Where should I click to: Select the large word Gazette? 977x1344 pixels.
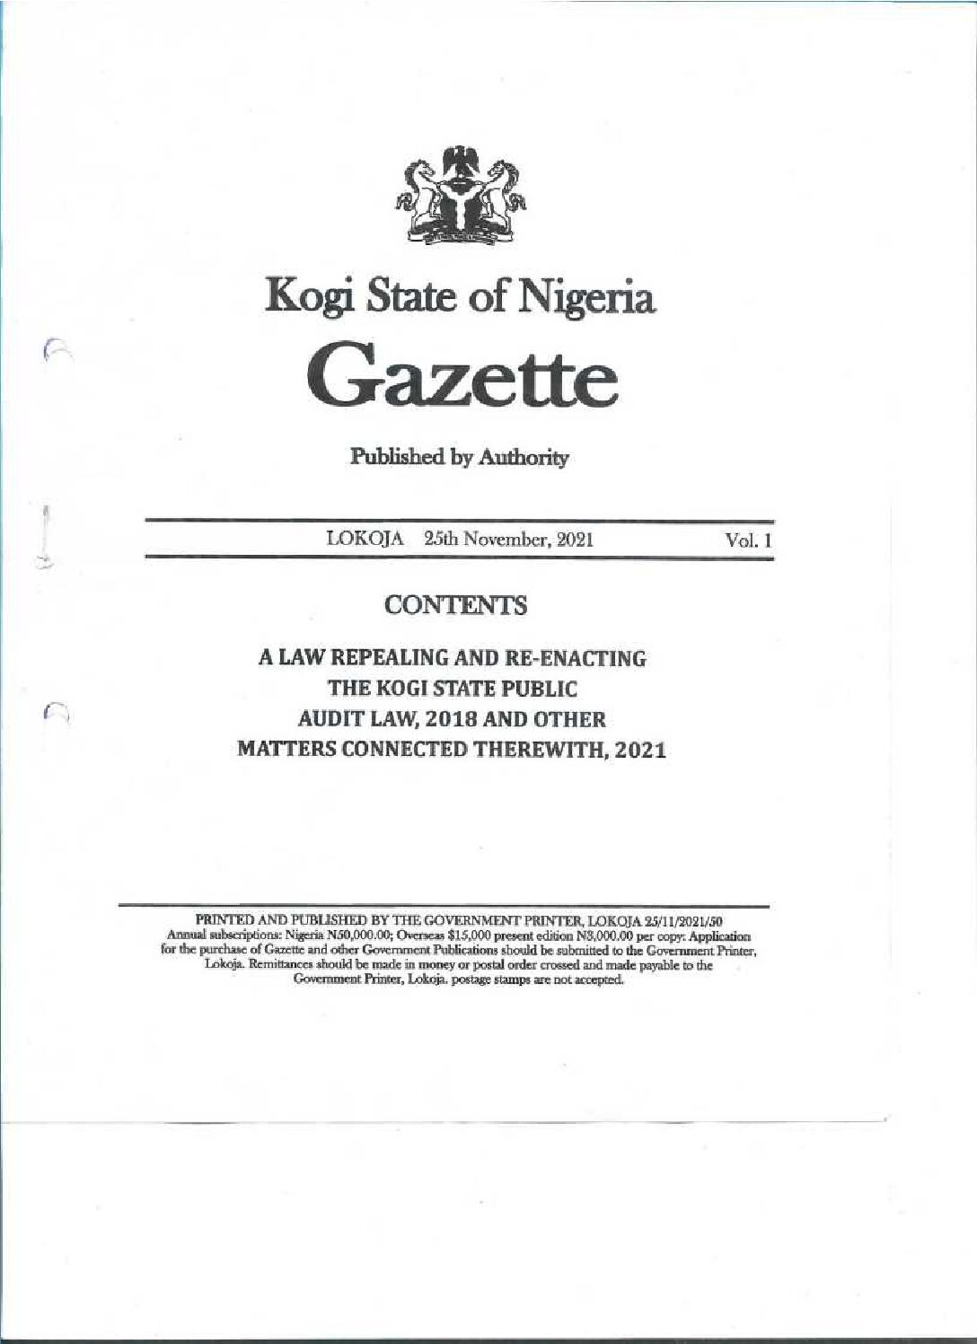point(462,381)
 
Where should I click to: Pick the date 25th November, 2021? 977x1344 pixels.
point(508,540)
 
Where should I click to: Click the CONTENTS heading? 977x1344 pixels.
point(455,606)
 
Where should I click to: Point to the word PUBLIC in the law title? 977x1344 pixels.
point(539,689)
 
